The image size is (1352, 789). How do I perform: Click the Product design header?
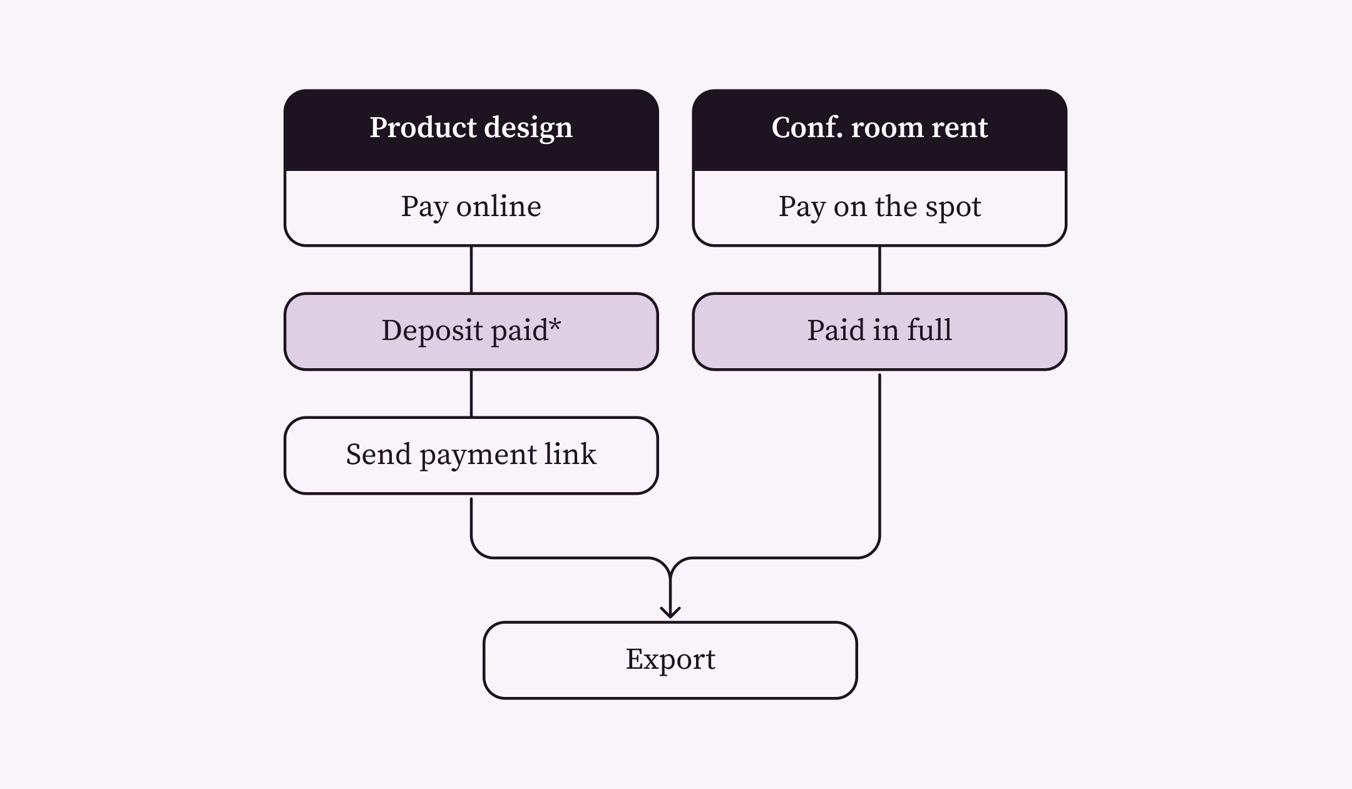click(x=471, y=129)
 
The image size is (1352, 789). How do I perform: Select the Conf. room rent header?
click(x=879, y=129)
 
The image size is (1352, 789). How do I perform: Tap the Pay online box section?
click(x=471, y=207)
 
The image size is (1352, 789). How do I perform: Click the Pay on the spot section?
click(x=879, y=207)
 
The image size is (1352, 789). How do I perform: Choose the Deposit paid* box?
click(x=471, y=331)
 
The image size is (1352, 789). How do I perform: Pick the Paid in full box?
click(x=879, y=331)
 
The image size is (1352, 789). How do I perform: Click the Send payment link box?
click(x=471, y=455)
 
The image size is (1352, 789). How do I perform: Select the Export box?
click(x=670, y=660)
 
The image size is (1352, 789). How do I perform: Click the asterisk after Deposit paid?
click(x=555, y=325)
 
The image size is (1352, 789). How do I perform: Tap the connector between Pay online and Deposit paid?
click(x=471, y=269)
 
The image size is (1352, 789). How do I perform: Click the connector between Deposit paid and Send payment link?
click(x=471, y=393)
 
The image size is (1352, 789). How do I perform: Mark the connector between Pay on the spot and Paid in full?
click(x=879, y=269)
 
